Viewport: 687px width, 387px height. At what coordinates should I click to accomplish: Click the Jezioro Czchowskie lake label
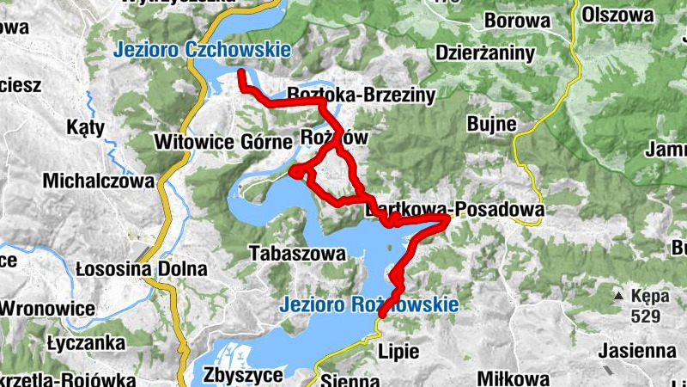[201, 51]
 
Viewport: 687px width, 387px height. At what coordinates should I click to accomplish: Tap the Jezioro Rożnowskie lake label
[369, 304]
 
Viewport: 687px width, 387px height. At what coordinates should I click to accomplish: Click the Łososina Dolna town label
[141, 269]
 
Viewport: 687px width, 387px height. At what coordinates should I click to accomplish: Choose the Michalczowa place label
[101, 181]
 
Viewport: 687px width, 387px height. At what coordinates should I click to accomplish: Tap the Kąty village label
[85, 128]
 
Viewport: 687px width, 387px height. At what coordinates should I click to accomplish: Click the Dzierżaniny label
[485, 53]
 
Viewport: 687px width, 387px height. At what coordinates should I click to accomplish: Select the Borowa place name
[515, 19]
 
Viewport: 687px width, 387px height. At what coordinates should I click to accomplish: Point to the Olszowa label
[617, 15]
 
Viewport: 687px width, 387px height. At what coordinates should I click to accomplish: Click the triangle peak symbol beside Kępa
[617, 296]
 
